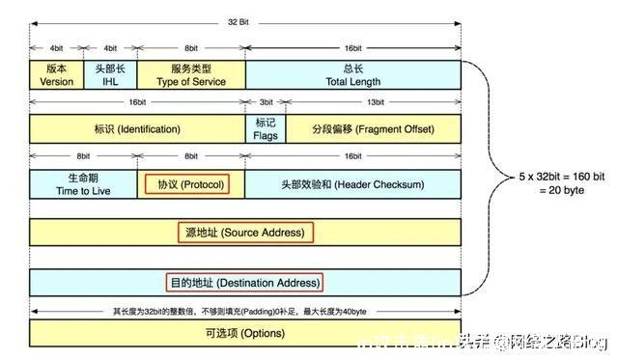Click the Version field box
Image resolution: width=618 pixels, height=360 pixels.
pyautogui.click(x=57, y=75)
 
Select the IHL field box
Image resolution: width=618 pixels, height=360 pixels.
pyautogui.click(x=110, y=75)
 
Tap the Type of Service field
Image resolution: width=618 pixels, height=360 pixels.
pyautogui.click(x=191, y=75)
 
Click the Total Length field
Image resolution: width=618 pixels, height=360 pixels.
pyautogui.click(x=353, y=75)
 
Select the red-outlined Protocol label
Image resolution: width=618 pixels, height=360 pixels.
pyautogui.click(x=186, y=183)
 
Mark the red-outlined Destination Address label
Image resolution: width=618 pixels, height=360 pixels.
pyautogui.click(x=244, y=283)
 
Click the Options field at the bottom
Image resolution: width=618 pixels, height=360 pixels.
pyautogui.click(x=245, y=333)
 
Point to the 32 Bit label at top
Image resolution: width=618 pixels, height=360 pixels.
pyautogui.click(x=245, y=20)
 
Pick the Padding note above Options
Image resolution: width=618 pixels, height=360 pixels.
pyautogui.click(x=244, y=311)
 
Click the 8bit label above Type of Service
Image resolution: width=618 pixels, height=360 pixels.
pyautogui.click(x=191, y=46)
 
